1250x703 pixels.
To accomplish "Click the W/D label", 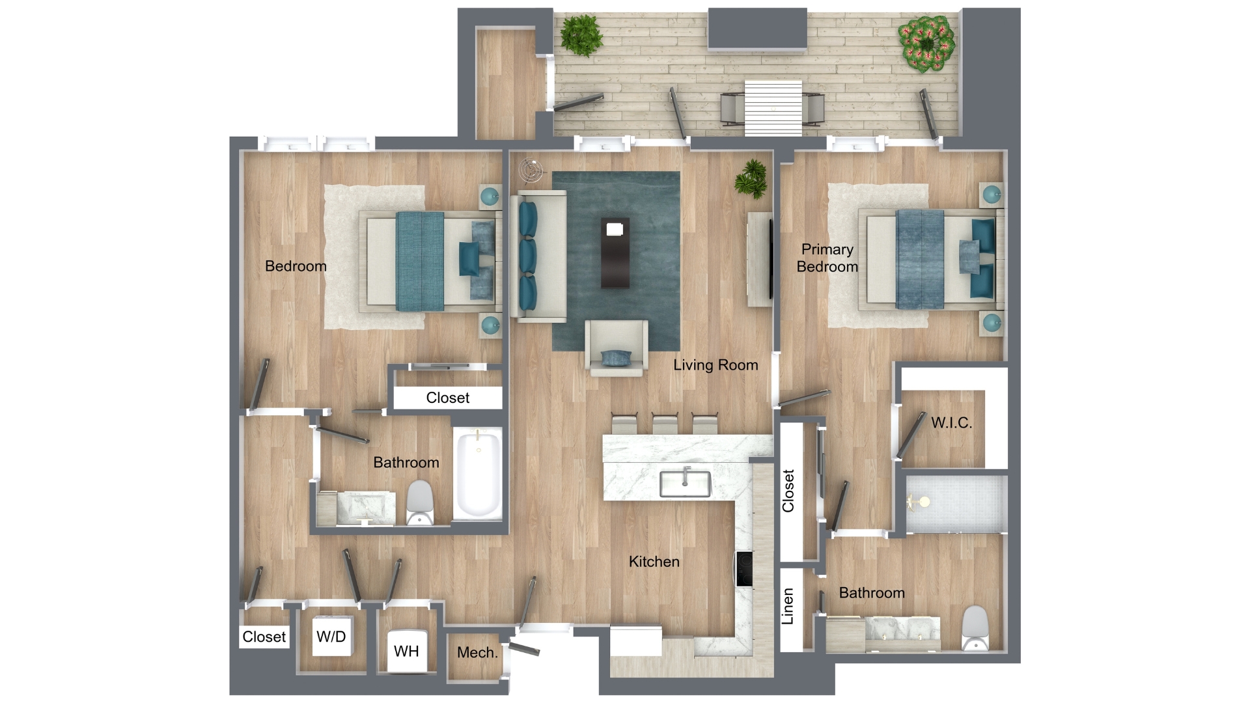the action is [331, 637].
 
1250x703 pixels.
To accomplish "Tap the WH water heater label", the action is [406, 651].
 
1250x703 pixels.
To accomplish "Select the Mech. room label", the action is [477, 652].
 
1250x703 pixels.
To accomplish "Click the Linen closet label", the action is [788, 606].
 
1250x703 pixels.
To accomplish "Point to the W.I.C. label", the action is [951, 422].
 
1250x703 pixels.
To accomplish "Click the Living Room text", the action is [715, 365].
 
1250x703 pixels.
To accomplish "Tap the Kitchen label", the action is [654, 562].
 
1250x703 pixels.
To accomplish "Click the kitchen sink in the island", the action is [685, 482].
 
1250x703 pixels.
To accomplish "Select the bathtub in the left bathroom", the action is [479, 473].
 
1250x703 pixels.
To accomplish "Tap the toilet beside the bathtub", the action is [420, 502].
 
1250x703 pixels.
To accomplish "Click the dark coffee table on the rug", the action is [615, 253].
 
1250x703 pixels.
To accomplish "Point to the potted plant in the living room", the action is [751, 178].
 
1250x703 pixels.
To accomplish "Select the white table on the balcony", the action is [773, 107].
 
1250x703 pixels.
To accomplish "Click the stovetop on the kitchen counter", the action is [743, 569].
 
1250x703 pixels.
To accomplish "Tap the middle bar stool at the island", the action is [665, 423].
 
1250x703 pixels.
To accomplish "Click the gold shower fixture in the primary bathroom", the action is [918, 501].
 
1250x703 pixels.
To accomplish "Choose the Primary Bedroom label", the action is [827, 258].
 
